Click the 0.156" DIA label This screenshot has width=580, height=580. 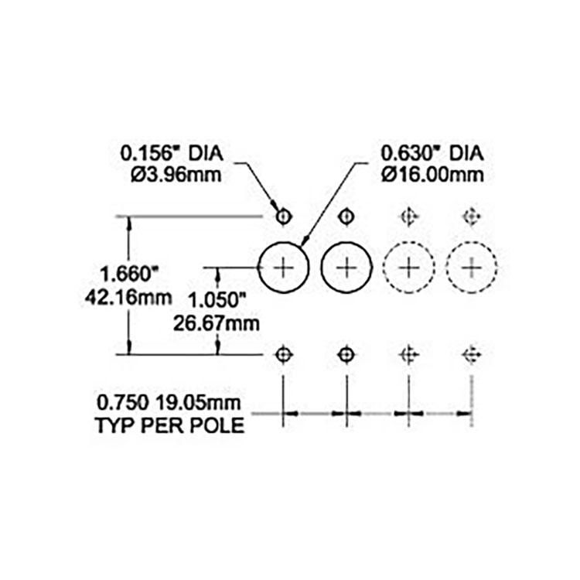coord(172,154)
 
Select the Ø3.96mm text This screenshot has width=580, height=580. coord(176,175)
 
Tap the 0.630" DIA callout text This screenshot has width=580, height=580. coord(432,154)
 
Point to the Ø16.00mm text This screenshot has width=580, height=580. coord(432,175)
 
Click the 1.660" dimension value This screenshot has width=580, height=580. coord(129,275)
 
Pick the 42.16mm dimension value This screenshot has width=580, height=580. coord(128,298)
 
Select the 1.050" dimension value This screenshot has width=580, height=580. coord(217,299)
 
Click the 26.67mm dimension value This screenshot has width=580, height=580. coord(217,323)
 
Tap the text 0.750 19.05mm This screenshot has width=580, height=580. coord(169,402)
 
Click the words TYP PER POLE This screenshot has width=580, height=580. coord(170,425)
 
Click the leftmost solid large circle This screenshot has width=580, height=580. coord(258,267)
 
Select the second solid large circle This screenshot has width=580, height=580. coord(321,267)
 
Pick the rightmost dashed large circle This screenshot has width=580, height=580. coord(446,267)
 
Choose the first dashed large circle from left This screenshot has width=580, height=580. coord(384,267)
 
